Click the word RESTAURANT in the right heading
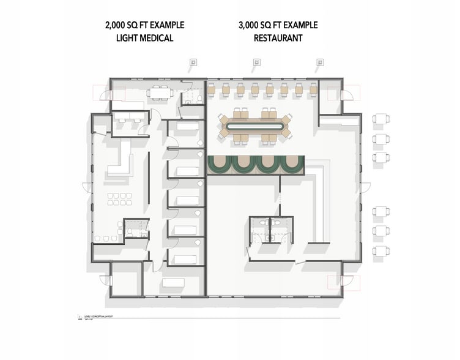click(x=278, y=37)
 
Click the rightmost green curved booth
click(x=291, y=165)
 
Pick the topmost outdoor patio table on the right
click(x=382, y=119)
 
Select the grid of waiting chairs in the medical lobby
click(x=116, y=198)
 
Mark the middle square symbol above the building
click(x=256, y=62)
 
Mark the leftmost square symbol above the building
click(x=192, y=62)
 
